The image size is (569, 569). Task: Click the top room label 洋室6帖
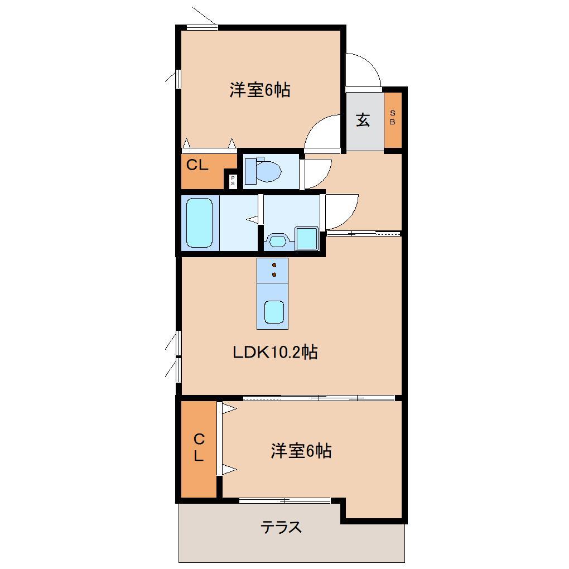click(x=259, y=90)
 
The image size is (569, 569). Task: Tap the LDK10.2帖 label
click(x=275, y=352)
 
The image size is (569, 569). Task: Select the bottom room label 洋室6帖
click(x=301, y=451)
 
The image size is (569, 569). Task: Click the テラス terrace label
click(x=282, y=527)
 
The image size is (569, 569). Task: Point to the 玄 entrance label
click(x=363, y=120)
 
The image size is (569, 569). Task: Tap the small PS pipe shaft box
click(x=233, y=181)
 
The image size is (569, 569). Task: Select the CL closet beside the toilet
click(x=201, y=166)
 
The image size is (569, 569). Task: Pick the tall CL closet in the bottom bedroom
click(x=199, y=448)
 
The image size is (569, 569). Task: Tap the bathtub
click(x=199, y=222)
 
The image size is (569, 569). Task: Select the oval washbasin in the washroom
click(x=277, y=240)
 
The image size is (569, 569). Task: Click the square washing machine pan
click(x=306, y=238)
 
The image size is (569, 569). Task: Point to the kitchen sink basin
click(x=273, y=311)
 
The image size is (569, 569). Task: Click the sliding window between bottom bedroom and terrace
click(x=284, y=500)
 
